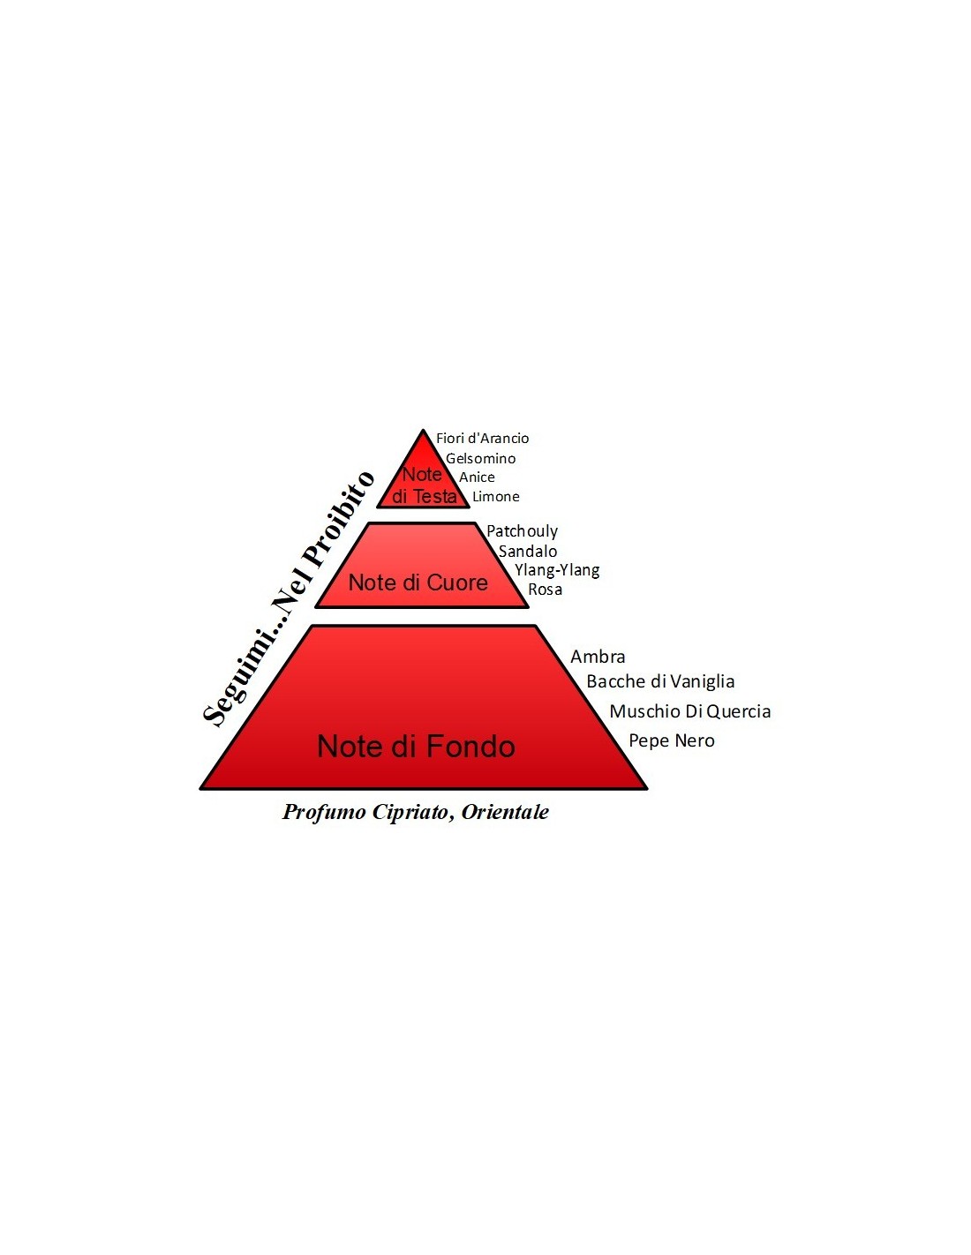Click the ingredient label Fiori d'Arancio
point(482,439)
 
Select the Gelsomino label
point(480,459)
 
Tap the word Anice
point(478,477)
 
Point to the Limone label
point(496,496)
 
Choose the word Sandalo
point(528,551)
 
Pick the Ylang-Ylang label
point(557,571)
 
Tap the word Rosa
point(546,590)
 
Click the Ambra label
point(598,657)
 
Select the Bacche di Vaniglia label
point(660,681)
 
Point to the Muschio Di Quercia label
point(690,711)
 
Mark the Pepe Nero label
point(672,740)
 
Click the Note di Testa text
point(424,485)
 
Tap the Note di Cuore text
point(418,582)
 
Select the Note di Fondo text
point(416,746)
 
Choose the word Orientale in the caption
point(505,811)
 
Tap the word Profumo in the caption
point(324,812)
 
